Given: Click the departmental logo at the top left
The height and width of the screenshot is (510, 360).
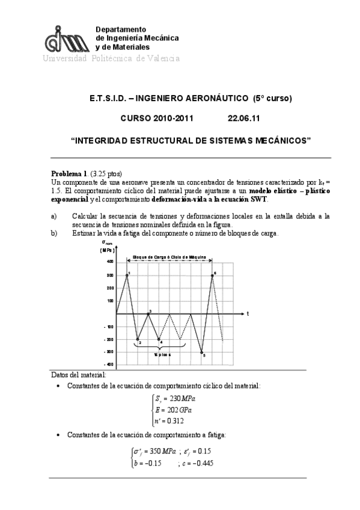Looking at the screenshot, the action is (x=66, y=40).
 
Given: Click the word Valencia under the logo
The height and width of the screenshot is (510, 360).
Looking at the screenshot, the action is (x=159, y=58).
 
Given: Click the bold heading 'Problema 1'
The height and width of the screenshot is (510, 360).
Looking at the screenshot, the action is (x=70, y=172).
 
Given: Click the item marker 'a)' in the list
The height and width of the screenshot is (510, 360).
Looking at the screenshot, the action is (x=54, y=216).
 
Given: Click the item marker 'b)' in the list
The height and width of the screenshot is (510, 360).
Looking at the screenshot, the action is (x=54, y=233).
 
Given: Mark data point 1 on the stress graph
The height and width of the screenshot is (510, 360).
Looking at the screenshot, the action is (x=127, y=275).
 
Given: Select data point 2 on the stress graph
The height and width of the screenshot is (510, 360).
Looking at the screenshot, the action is (x=138, y=339).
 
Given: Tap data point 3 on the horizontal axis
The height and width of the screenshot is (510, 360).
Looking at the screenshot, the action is (x=148, y=313).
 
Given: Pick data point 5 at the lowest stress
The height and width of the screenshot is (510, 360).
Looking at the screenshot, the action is (x=202, y=352).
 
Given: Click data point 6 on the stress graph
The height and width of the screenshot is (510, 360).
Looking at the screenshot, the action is (x=212, y=275).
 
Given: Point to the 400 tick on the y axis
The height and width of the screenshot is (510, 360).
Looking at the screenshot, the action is (x=110, y=262).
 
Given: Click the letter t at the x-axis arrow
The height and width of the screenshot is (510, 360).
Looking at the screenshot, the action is (x=248, y=313).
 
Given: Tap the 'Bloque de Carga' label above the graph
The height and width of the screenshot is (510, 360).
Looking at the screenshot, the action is (x=169, y=257).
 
